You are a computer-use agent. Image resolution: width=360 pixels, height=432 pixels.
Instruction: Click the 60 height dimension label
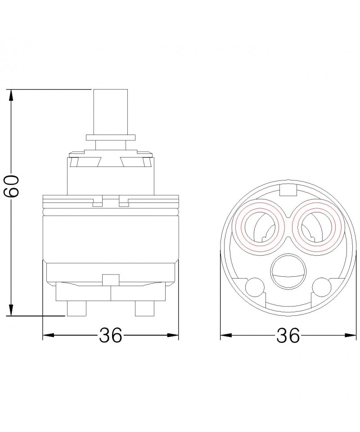11,186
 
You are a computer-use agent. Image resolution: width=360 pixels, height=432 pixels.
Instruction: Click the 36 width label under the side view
110,335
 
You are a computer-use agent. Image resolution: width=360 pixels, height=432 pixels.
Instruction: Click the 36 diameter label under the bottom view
288,335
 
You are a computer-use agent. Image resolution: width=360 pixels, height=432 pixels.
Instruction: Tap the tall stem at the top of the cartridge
111,112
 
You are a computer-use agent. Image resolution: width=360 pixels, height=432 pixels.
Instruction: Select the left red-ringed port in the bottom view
259,226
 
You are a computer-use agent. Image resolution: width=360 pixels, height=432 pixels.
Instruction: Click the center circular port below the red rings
288,271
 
